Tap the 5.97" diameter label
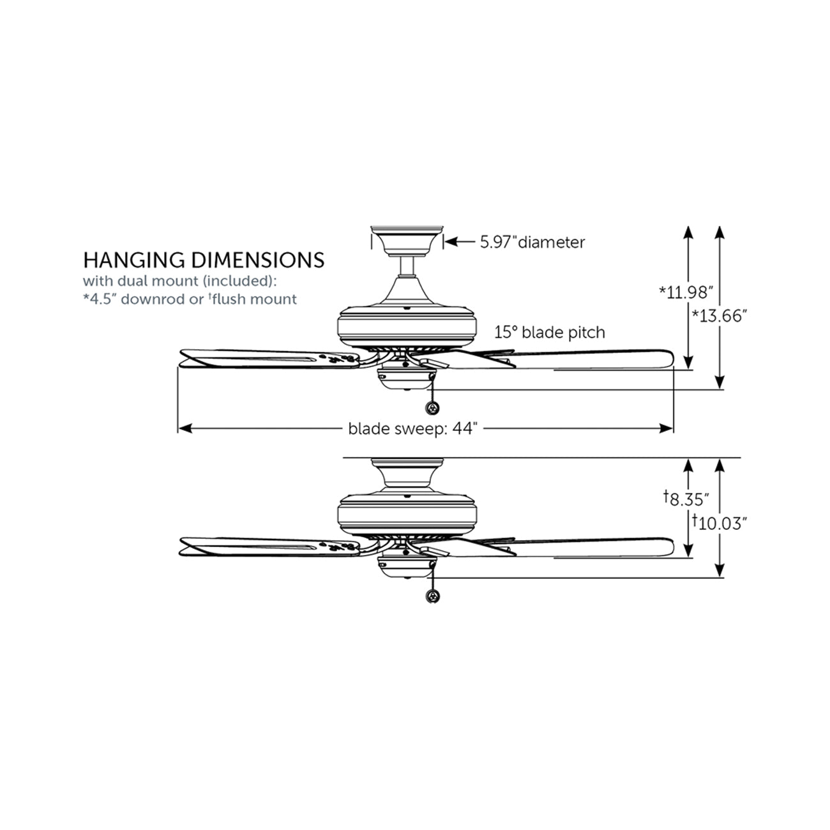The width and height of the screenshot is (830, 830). coord(532,242)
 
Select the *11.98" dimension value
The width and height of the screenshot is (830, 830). coord(686,292)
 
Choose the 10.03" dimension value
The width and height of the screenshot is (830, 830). coord(720,524)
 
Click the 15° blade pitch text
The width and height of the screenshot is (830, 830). coord(550,332)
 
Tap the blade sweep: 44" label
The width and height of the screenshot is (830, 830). coord(412,428)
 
